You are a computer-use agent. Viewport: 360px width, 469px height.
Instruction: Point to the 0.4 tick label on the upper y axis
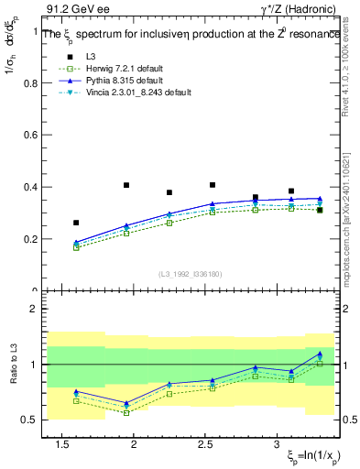pyautogui.click(x=31, y=187)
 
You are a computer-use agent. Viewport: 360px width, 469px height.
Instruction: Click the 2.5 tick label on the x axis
pyautogui.click(x=205, y=444)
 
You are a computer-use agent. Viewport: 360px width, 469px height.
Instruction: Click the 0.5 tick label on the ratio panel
pyautogui.click(x=31, y=420)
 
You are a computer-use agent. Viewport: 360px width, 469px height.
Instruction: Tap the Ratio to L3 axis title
pyautogui.click(x=10, y=365)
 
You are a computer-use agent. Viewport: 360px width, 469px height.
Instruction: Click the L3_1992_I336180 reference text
pyautogui.click(x=191, y=273)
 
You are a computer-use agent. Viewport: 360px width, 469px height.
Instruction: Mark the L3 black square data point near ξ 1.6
pyautogui.click(x=76, y=223)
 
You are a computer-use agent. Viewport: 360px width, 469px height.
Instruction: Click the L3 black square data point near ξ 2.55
pyautogui.click(x=213, y=185)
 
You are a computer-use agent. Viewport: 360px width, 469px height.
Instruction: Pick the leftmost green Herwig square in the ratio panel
pyautogui.click(x=76, y=401)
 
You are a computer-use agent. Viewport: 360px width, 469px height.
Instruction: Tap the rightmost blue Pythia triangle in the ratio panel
pyautogui.click(x=320, y=354)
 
